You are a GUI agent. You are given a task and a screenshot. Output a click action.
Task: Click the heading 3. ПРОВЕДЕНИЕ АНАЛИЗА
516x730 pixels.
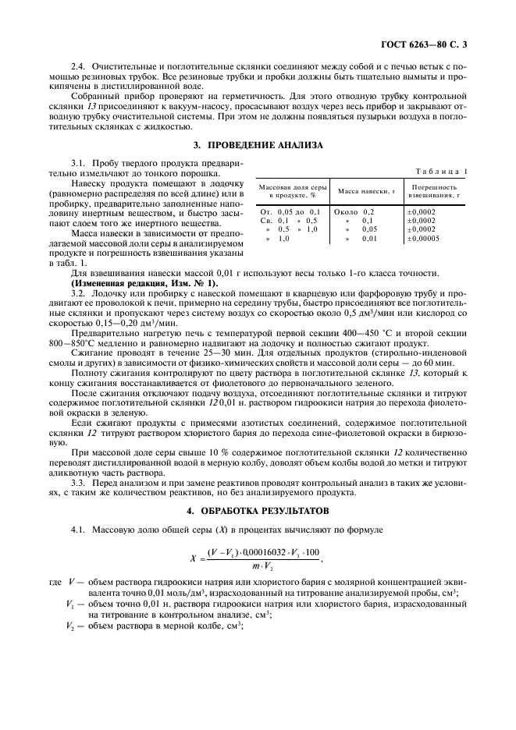(x=258, y=146)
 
